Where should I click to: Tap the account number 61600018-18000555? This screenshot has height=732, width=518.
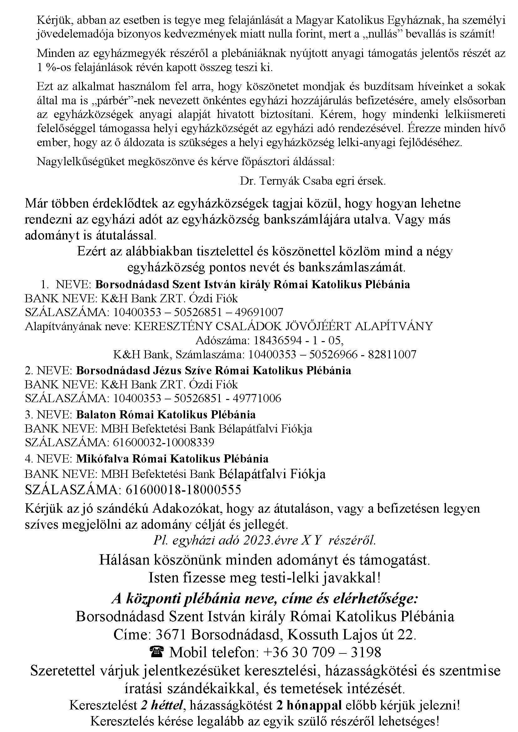point(184,489)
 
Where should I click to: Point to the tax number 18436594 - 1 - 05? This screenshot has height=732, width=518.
point(298,340)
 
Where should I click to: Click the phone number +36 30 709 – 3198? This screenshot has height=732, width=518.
point(322,652)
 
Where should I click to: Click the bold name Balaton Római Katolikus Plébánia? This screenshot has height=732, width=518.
point(166,414)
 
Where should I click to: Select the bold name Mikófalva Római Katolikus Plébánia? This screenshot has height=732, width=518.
point(172,458)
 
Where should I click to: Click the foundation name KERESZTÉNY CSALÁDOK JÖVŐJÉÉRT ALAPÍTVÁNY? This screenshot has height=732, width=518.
point(283,326)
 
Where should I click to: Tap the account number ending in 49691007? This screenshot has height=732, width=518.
point(198,312)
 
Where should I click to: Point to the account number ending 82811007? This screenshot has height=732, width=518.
point(332,355)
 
